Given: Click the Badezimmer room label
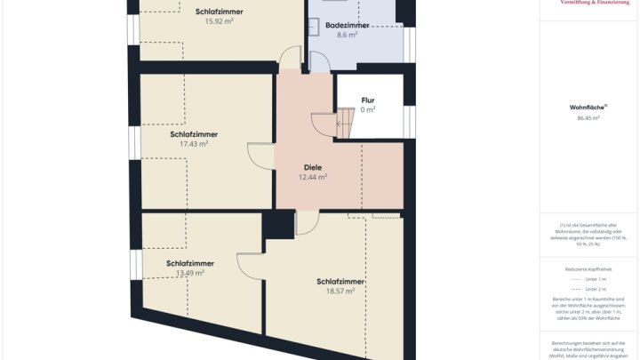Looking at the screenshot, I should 348,26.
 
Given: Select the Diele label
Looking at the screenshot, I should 313,166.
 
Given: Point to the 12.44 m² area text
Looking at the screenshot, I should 313,177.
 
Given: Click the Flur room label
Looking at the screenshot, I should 368,100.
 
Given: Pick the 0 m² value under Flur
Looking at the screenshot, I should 368,110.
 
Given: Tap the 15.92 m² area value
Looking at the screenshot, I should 219,21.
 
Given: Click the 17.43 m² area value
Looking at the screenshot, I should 193,144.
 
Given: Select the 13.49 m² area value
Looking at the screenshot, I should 189,273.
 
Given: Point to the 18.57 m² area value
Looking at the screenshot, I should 340,291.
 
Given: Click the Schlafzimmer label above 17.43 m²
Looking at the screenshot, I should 193,134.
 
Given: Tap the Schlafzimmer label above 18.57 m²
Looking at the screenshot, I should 340,281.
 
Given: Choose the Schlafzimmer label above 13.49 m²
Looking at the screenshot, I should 189,263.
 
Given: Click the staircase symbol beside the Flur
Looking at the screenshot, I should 325,122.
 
